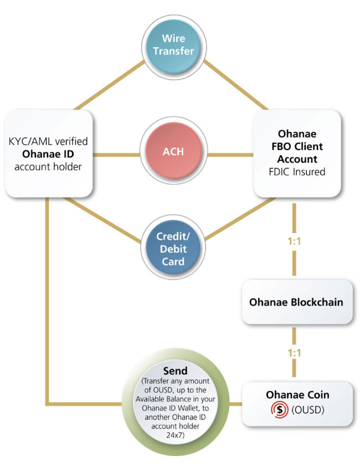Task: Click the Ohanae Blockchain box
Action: [296, 303]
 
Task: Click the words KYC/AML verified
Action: [48, 141]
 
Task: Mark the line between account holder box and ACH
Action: [117, 151]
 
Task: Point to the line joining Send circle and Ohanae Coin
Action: [235, 403]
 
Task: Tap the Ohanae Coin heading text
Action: [297, 395]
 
